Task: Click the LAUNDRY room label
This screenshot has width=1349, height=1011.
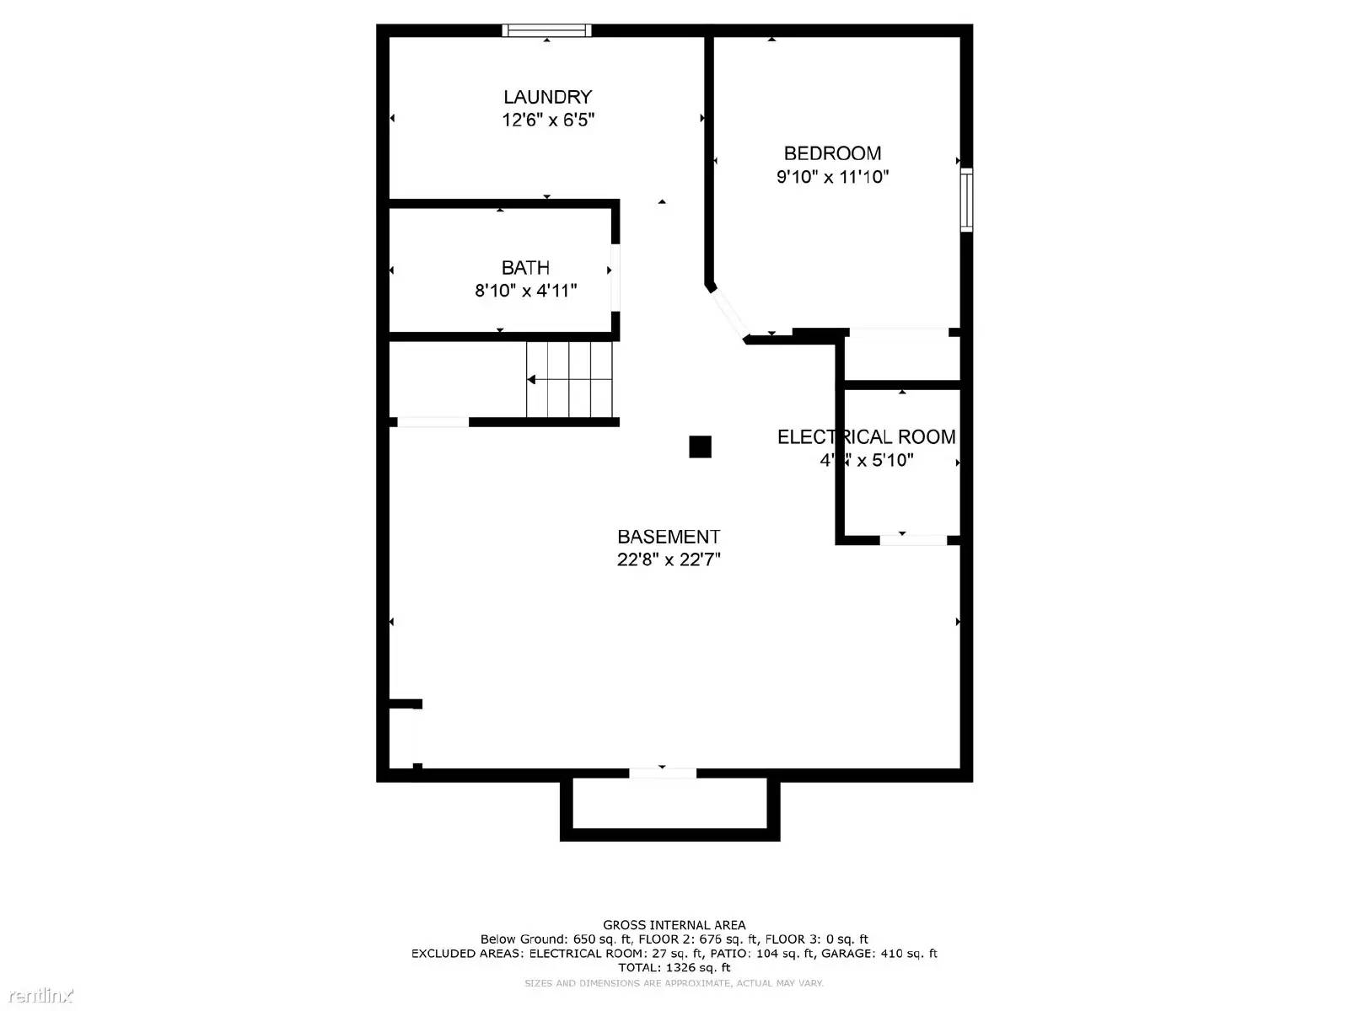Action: [547, 97]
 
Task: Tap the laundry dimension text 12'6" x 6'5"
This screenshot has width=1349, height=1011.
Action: [548, 120]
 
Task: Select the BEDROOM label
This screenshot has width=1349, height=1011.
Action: [832, 153]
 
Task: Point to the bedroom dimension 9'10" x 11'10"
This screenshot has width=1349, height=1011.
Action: [832, 177]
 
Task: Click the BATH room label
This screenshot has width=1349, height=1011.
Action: [525, 268]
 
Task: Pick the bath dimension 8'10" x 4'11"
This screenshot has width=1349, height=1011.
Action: [525, 291]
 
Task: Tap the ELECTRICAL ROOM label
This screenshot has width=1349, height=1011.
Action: [866, 437]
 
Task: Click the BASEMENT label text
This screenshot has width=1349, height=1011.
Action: [669, 537]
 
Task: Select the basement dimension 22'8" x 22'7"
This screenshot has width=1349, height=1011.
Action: [669, 559]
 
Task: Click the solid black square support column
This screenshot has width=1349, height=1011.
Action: [700, 447]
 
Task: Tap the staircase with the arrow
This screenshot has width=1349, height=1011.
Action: [569, 379]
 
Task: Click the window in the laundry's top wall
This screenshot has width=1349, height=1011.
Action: [546, 31]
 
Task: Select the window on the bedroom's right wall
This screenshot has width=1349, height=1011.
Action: [967, 200]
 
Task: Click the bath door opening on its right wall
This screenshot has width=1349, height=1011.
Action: [615, 277]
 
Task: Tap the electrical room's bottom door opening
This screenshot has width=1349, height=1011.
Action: [913, 539]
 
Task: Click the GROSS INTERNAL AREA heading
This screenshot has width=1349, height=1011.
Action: [674, 925]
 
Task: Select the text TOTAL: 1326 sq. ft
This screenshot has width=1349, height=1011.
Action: [674, 968]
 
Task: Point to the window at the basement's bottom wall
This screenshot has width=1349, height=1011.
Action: [663, 773]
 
